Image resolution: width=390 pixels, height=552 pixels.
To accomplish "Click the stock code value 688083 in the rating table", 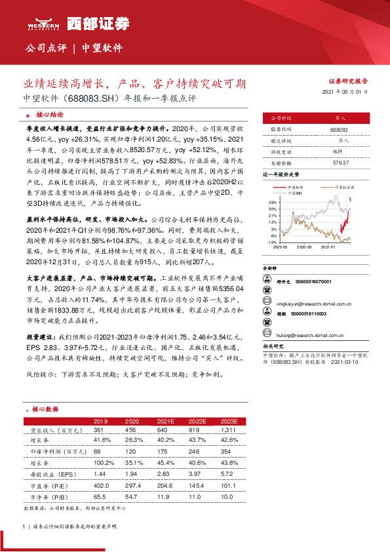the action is click(338, 130).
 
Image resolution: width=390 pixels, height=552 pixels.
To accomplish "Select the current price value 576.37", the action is click(338, 162).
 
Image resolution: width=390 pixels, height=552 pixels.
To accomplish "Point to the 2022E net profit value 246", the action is click(194, 452).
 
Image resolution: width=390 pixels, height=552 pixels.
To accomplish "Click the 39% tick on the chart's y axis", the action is click(272, 204).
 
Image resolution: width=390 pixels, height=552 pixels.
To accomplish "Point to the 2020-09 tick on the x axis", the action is click(304, 248).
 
